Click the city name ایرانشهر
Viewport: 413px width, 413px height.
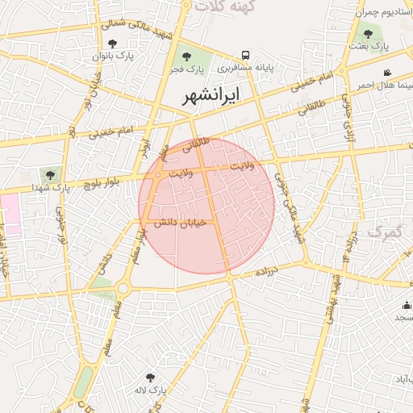[206, 95]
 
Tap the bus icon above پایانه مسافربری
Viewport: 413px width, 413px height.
[244, 56]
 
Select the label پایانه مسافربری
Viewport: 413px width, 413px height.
[244, 69]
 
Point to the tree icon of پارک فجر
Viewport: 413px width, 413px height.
[187, 56]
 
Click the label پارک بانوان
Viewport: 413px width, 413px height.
[113, 56]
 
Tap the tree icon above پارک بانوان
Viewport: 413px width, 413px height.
[111, 44]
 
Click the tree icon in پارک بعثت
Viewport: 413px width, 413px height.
[369, 34]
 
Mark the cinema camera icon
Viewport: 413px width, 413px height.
[388, 73]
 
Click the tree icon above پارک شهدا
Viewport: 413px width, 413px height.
[51, 173]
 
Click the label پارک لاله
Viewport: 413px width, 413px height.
[151, 390]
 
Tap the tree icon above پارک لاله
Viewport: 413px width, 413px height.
[149, 377]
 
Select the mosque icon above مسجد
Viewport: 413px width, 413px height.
[407, 305]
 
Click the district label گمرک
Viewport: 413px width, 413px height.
[384, 232]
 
